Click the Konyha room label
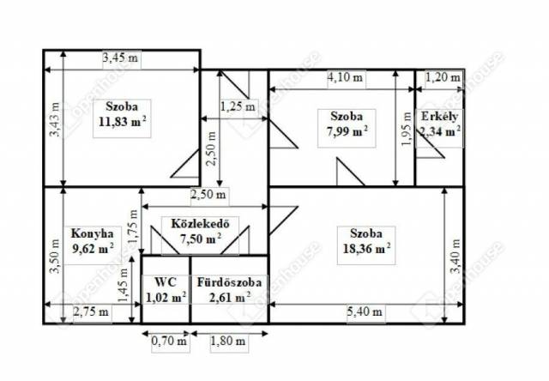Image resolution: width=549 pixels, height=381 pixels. click(93, 233)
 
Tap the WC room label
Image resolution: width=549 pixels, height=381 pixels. click(166, 281)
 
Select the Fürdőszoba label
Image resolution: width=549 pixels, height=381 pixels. click(229, 282)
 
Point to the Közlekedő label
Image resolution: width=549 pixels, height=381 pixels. click(200, 223)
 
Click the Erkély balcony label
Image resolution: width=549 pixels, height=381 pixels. click(439, 116)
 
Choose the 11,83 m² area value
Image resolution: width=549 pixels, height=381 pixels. click(122, 122)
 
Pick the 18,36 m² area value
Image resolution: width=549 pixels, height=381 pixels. click(366, 249)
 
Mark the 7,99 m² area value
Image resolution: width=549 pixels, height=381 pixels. click(347, 131)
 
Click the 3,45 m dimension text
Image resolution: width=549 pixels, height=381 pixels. click(120, 57)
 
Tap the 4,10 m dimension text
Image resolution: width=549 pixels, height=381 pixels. click(345, 77)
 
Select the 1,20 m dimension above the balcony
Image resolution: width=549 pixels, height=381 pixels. click(443, 77)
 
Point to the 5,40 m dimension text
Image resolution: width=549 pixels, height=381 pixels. click(365, 311)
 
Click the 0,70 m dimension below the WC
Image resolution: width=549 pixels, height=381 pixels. click(169, 341)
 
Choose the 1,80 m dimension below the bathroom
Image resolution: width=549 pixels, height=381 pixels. click(228, 341)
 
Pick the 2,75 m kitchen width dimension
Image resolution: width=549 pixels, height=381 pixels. click(91, 311)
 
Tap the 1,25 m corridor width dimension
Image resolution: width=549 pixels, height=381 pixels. click(238, 106)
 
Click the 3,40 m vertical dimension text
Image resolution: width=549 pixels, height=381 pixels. click(455, 256)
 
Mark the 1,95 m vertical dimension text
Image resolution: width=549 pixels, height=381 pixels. click(407, 130)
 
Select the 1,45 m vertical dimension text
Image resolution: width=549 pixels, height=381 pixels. click(123, 286)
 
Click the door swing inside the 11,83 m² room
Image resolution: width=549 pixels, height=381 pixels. click(184, 164)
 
